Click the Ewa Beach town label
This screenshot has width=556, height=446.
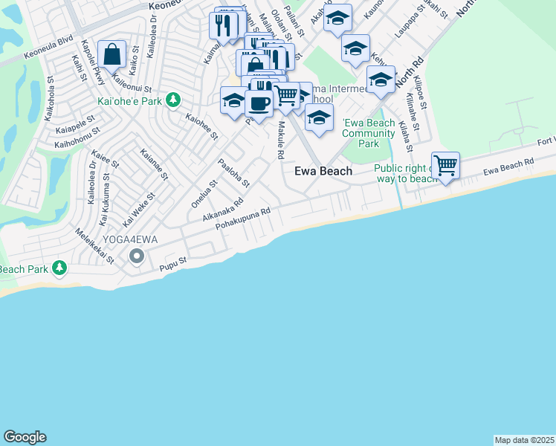tap(323, 171)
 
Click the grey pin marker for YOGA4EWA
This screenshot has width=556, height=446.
tap(136, 256)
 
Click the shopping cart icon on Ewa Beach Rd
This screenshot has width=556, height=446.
tap(445, 165)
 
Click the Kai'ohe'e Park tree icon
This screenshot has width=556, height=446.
tap(173, 99)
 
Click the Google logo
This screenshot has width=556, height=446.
tap(25, 437)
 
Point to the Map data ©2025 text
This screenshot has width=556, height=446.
tap(524, 440)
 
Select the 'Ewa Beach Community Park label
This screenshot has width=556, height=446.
tap(368, 133)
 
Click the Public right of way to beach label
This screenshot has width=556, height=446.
tap(405, 174)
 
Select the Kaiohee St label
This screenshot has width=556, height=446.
tap(201, 126)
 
